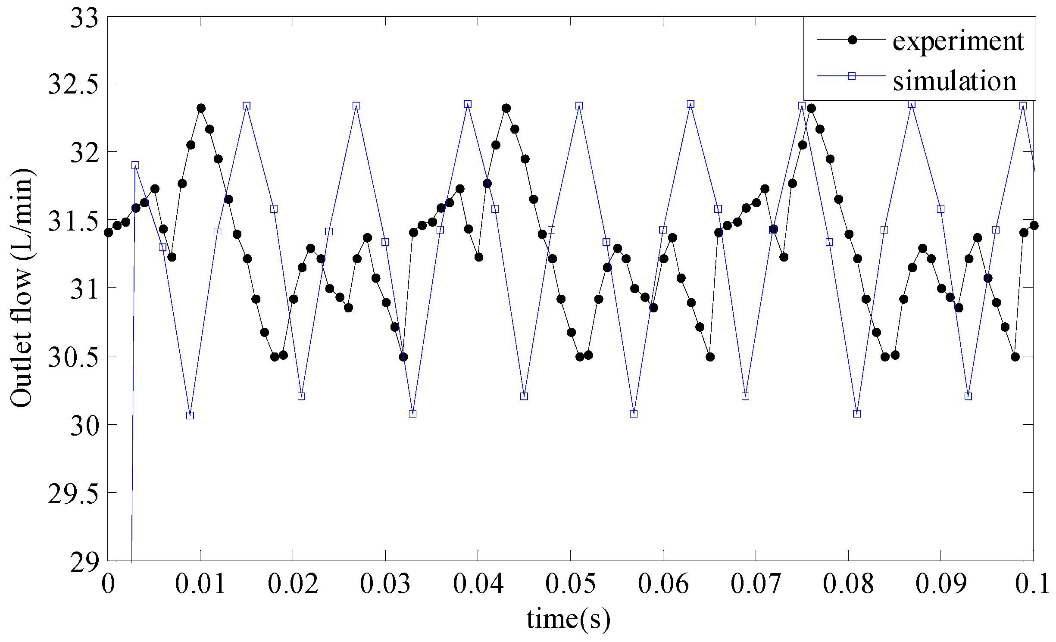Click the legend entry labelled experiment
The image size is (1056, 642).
click(x=958, y=42)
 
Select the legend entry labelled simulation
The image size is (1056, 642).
click(x=954, y=81)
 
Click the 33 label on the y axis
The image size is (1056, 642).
click(x=84, y=19)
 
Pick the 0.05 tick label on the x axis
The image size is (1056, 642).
click(x=570, y=584)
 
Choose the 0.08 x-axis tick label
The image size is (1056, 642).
click(x=848, y=584)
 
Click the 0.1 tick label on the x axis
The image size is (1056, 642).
click(x=1032, y=584)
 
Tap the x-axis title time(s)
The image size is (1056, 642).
click(x=568, y=619)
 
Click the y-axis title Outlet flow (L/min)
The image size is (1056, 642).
click(x=22, y=288)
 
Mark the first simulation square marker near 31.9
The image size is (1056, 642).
click(x=135, y=165)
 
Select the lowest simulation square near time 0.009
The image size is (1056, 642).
click(x=190, y=415)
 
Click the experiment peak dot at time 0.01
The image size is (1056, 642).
click(x=201, y=108)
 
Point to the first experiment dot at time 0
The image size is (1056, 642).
click(x=109, y=233)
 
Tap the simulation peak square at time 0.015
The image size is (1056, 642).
click(x=247, y=106)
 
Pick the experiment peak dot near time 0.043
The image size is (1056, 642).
click(x=506, y=108)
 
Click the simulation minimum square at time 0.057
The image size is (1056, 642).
click(x=634, y=414)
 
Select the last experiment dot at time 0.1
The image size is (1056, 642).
click(x=1034, y=225)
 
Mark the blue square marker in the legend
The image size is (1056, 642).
click(x=851, y=76)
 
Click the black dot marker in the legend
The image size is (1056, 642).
click(x=852, y=40)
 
